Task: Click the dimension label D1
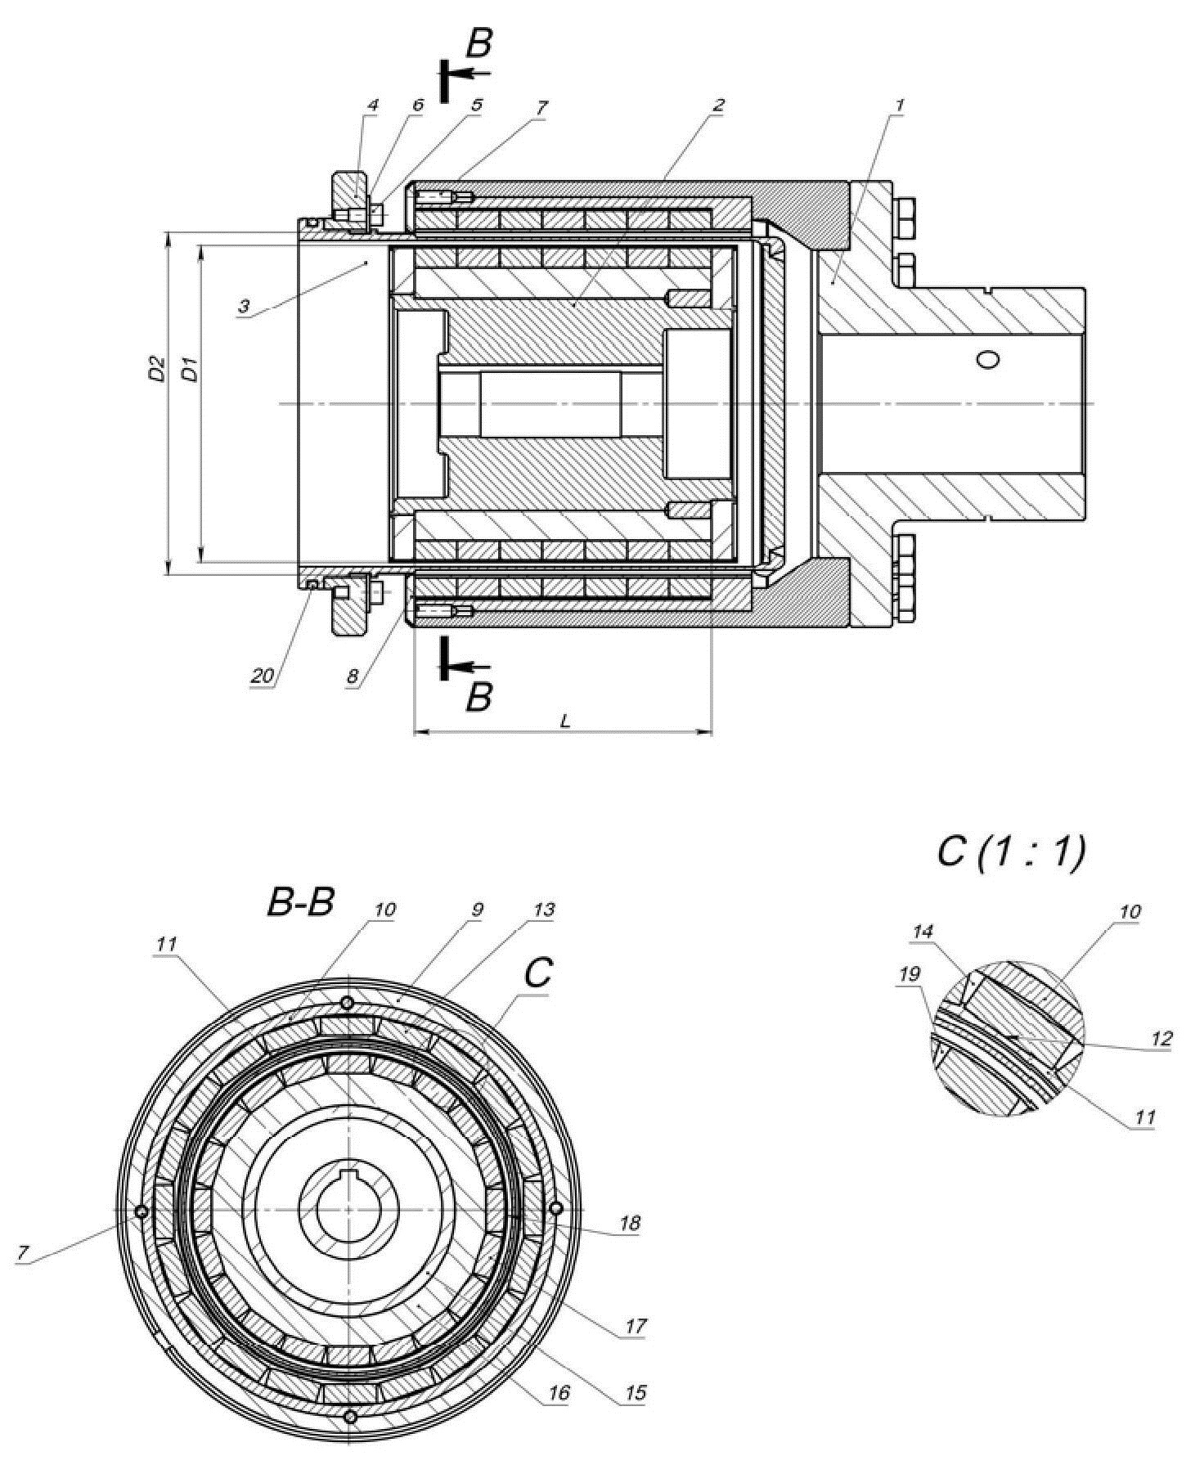tap(189, 369)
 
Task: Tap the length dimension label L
tap(564, 721)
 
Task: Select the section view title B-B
tap(300, 904)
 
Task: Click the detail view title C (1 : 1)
tap(1011, 852)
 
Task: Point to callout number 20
tap(262, 676)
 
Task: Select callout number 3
tap(244, 307)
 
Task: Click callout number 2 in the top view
tap(718, 105)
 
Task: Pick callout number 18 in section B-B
tap(630, 1224)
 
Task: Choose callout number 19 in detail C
tap(909, 974)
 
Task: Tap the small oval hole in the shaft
tap(988, 360)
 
